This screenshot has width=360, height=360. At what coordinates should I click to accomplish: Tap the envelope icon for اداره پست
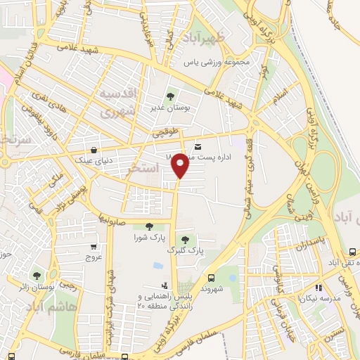tap(198, 146)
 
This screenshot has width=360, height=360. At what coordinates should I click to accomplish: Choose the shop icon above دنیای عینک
tap(94, 148)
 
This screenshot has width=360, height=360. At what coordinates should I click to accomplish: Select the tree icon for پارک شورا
tap(149, 226)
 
